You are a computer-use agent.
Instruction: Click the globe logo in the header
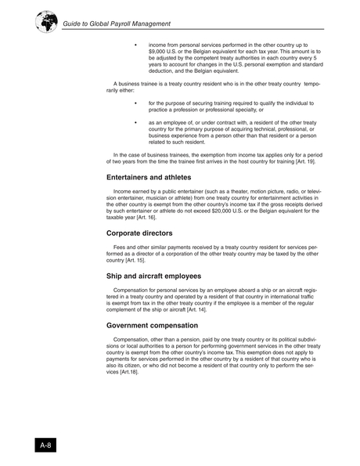pos(45,22)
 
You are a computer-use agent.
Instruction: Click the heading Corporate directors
pos(140,233)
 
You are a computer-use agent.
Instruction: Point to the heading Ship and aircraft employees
pos(154,276)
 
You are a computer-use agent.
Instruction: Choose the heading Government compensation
pos(153,325)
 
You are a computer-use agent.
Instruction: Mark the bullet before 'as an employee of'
pos(136,123)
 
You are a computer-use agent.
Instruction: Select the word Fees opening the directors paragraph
pos(121,248)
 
